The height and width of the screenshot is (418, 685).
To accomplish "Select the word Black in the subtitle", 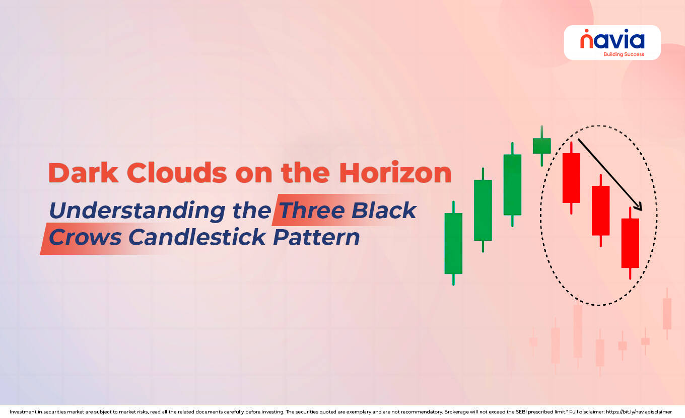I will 384,211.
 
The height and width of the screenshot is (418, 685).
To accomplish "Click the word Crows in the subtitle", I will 85,237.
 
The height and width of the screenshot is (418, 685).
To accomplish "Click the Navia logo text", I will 612,40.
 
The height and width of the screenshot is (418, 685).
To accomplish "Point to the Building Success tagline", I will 623,54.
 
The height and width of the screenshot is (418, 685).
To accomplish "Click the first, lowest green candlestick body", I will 453,243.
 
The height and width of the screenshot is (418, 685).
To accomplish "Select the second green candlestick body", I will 483,210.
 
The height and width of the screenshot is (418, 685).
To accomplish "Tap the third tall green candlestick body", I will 512,184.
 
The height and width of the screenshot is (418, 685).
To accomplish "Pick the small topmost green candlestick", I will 541,146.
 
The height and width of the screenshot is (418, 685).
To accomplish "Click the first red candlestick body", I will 571,178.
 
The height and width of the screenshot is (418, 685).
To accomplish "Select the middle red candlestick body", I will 600,211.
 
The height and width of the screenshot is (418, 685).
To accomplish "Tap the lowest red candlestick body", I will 630,243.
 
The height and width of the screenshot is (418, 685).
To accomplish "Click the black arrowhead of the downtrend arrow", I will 639,206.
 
